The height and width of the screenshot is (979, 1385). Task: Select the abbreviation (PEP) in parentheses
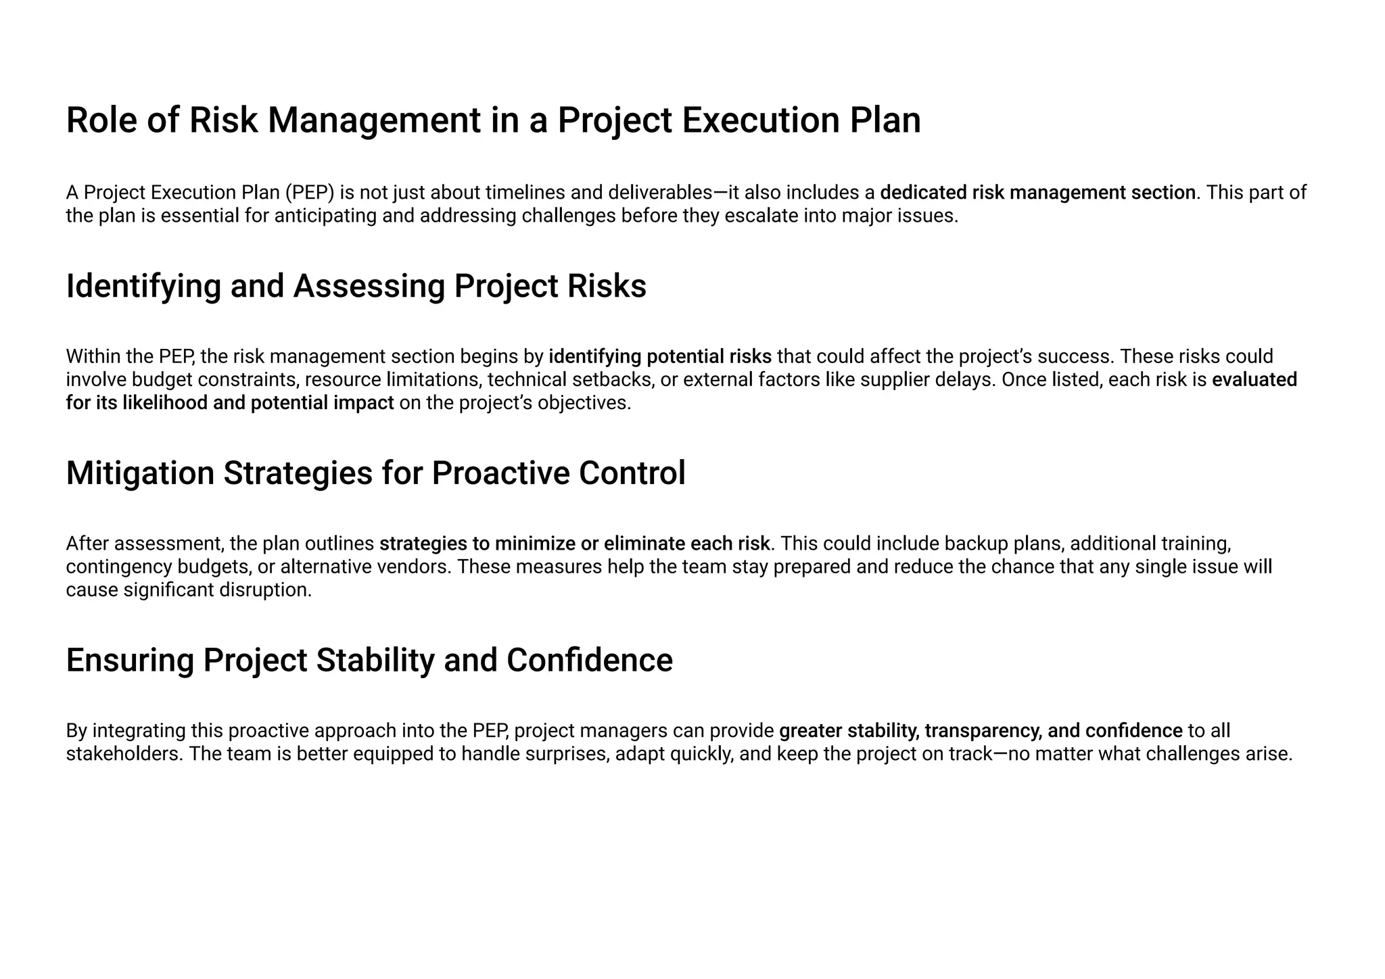pyautogui.click(x=310, y=193)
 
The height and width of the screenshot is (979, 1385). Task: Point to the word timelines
pyautogui.click(x=525, y=193)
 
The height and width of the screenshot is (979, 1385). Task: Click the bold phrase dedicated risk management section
pyautogui.click(x=1037, y=193)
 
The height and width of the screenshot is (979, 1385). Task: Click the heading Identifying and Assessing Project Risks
pyautogui.click(x=356, y=286)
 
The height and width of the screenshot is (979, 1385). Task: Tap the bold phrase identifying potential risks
pyautogui.click(x=659, y=356)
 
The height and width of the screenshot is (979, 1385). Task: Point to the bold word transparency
pyautogui.click(x=983, y=731)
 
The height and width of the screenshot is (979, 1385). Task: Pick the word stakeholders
pyautogui.click(x=124, y=754)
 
